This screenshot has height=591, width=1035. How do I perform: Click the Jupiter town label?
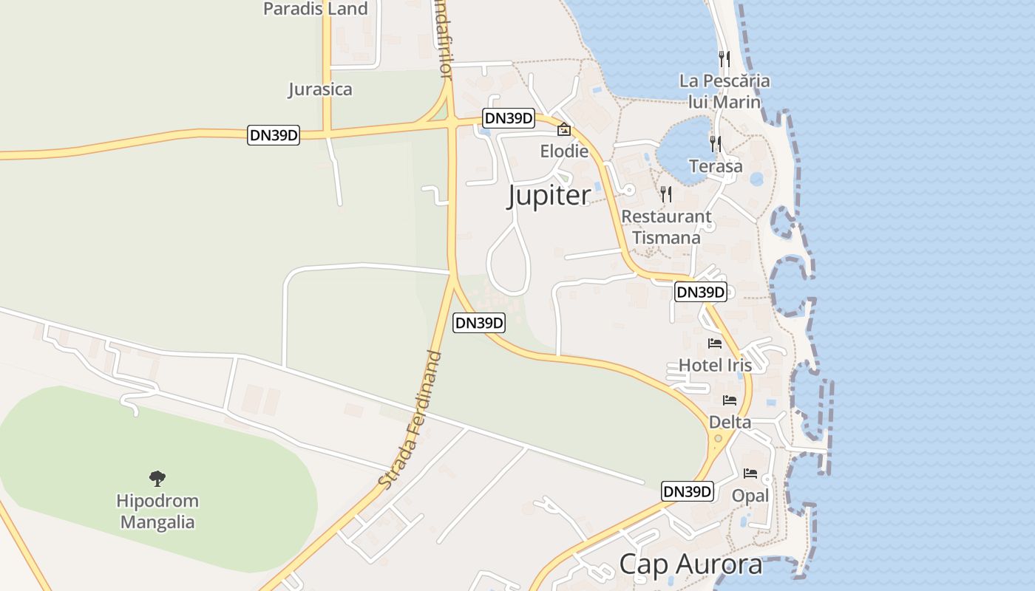(x=549, y=196)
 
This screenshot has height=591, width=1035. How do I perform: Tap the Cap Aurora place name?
(x=690, y=564)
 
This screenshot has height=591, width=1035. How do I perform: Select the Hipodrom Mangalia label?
(x=157, y=511)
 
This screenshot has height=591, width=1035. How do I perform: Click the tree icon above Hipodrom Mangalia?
(x=157, y=479)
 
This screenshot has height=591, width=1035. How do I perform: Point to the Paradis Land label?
(x=316, y=9)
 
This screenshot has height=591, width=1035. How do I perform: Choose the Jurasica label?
(x=320, y=89)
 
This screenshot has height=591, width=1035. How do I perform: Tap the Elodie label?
(x=564, y=151)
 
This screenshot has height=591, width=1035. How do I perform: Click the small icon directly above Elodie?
(x=564, y=129)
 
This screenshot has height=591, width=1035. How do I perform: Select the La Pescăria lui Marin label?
(x=724, y=91)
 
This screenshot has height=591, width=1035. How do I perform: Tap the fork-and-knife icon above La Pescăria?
(x=724, y=58)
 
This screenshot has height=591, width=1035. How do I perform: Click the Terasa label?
(x=716, y=166)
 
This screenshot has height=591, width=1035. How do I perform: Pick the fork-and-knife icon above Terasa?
(x=716, y=143)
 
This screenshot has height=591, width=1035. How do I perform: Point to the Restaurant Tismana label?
(x=667, y=227)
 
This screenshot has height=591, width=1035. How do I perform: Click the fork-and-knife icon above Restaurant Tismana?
(x=667, y=194)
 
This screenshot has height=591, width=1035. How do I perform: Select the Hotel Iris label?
(x=715, y=365)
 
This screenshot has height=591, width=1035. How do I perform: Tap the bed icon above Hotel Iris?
(x=715, y=344)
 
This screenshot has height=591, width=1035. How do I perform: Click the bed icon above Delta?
(x=730, y=400)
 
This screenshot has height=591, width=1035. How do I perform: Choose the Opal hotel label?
(x=750, y=496)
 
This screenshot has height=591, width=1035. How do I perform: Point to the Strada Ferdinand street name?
(x=410, y=419)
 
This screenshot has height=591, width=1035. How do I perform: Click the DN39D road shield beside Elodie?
(x=508, y=118)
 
